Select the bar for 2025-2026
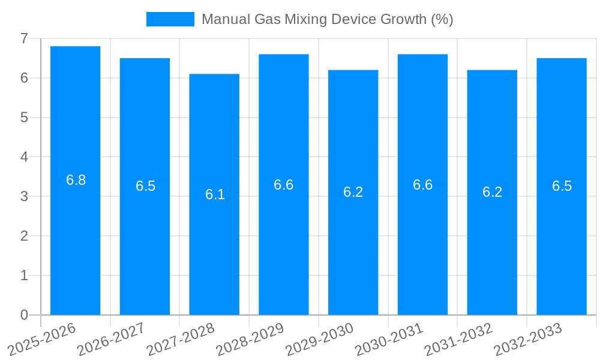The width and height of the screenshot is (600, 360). coord(75,180)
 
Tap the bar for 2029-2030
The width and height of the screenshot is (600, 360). coord(353,192)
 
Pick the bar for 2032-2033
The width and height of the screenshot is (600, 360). coord(562,186)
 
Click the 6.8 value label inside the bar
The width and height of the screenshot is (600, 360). coord(76,180)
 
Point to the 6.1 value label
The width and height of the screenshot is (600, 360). coord(215,194)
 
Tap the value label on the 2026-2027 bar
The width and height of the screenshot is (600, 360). coord(145,186)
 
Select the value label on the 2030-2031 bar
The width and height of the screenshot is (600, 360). coord(422,185)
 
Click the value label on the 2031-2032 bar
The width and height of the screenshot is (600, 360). coord(492,192)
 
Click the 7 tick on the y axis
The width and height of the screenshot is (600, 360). coord(24,38)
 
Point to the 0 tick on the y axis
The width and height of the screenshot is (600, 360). coord(24,315)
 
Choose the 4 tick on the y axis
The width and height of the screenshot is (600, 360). coord(24,157)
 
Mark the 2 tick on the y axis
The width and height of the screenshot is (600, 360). coord(24,236)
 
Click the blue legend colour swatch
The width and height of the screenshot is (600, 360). coord(170,19)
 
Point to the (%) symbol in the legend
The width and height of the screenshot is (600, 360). coord(441,19)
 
